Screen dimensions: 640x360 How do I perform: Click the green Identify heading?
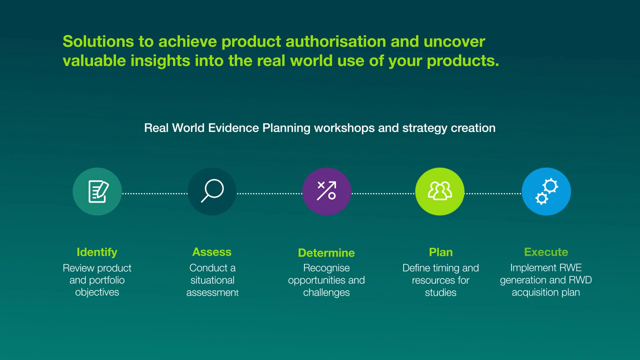point(97,252)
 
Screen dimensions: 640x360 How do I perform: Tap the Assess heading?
point(211,252)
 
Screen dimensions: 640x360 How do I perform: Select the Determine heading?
point(326,253)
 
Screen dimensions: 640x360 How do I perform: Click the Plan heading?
point(440,252)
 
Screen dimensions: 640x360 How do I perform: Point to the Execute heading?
point(546,252)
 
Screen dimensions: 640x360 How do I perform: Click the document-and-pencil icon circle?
point(97,191)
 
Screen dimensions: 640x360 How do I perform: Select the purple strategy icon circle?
point(326,191)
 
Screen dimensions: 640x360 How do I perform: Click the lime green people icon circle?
point(439,191)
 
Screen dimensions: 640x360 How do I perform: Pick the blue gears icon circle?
point(546,191)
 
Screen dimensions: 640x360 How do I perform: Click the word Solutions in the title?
point(98,41)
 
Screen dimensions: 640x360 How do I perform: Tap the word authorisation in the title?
point(335,41)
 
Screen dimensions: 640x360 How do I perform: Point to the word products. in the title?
point(463,61)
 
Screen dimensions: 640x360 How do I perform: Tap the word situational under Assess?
point(212,280)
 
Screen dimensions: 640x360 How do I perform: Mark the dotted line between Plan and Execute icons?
point(493,193)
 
